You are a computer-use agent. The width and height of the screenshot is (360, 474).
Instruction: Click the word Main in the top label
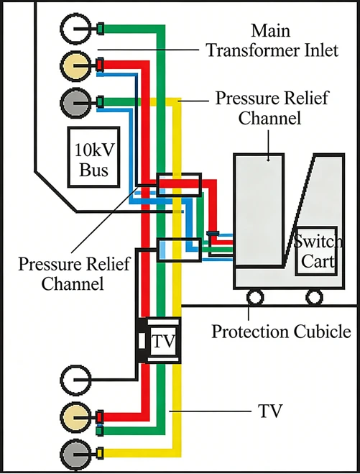tap(271, 30)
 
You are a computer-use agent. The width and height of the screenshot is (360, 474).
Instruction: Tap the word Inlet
tap(321, 50)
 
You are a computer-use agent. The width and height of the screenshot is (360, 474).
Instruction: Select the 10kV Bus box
tap(93, 158)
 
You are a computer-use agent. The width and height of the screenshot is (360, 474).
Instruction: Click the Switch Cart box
tap(316, 251)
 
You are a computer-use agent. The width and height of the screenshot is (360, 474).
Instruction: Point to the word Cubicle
tap(322, 332)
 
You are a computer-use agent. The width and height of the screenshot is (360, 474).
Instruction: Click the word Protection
tap(250, 332)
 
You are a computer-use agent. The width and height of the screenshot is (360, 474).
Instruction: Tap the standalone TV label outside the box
tap(270, 411)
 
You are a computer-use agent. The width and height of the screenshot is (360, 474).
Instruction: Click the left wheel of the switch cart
tap(255, 297)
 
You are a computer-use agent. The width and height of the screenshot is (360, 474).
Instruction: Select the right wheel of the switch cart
tap(314, 297)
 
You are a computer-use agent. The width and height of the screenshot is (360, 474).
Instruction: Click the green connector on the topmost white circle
tap(101, 29)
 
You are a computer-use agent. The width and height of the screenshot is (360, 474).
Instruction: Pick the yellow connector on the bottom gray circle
tap(100, 453)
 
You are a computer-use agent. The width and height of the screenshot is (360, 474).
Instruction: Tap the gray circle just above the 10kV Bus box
tap(75, 103)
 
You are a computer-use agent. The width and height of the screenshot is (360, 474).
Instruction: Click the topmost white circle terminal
tap(75, 28)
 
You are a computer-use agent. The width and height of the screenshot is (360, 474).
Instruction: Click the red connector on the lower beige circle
tap(100, 416)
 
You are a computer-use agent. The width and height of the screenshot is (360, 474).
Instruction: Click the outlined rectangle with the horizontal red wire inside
tap(179, 185)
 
